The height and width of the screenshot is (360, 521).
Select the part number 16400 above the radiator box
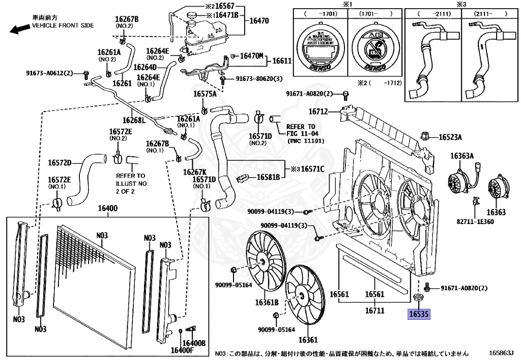[108, 209]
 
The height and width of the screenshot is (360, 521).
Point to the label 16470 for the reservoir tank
[259, 21]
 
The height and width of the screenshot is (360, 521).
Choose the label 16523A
[450, 137]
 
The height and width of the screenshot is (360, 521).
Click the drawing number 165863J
[501, 352]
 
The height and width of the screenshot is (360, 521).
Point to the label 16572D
[61, 163]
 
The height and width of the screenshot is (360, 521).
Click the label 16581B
[268, 177]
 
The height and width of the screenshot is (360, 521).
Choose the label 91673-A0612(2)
[50, 73]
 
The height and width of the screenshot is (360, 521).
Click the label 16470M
[251, 56]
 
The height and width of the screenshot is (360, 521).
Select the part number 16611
[281, 61]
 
